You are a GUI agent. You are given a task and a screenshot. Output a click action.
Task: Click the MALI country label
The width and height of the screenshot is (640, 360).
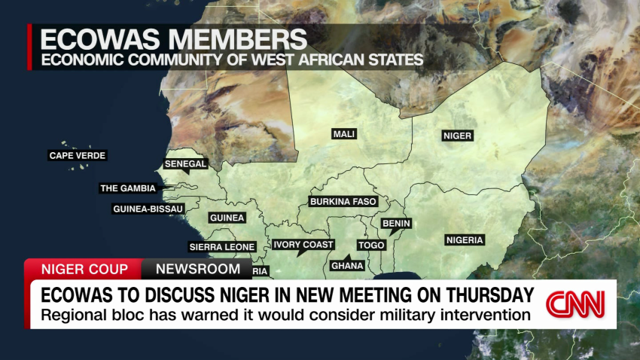(x=344, y=134)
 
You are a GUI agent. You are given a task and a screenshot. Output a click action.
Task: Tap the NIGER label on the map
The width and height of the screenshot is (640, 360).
(x=457, y=136)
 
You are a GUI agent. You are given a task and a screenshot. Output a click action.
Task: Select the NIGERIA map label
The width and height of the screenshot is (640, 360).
(x=465, y=240)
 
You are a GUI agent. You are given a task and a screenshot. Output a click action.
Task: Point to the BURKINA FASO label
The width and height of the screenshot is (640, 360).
(x=343, y=202)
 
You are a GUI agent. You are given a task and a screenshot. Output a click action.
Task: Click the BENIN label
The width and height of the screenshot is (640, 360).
(x=396, y=224)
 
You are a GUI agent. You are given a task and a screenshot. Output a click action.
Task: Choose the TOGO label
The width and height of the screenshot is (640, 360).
(x=371, y=246)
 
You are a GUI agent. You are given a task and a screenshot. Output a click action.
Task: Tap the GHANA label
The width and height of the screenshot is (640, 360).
(x=348, y=265)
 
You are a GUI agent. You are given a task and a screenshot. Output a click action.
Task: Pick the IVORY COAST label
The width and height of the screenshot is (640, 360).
(x=303, y=245)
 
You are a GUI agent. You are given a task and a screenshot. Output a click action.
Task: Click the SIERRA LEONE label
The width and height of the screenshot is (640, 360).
(x=222, y=246)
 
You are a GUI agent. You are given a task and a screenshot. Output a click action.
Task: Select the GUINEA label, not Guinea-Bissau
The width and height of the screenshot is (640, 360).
(x=227, y=218)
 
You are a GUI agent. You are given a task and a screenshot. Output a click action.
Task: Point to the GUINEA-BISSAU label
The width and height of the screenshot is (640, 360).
(x=146, y=209)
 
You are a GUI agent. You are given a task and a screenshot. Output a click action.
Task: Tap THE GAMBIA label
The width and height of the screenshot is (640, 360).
(x=128, y=188)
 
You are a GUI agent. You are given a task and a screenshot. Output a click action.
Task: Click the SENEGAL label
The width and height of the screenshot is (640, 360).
(x=186, y=163)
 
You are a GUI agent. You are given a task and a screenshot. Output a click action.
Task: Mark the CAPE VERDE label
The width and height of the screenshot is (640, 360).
(x=78, y=156)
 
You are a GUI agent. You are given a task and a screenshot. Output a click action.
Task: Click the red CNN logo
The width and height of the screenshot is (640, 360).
(x=575, y=304)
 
